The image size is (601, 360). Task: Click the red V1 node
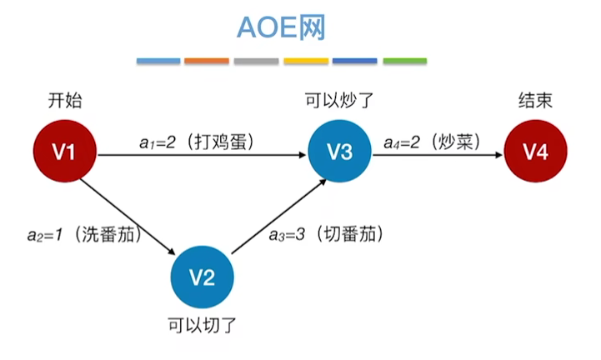pyautogui.click(x=65, y=152)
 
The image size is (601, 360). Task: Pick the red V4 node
pyautogui.click(x=535, y=152)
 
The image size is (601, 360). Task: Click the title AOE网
pyautogui.click(x=281, y=29)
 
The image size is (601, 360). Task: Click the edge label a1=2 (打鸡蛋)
pyautogui.click(x=197, y=142)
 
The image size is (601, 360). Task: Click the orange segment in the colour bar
pyautogui.click(x=207, y=62)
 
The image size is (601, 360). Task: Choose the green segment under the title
pyautogui.click(x=405, y=62)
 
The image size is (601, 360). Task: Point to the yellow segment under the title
pyautogui.click(x=306, y=62)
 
